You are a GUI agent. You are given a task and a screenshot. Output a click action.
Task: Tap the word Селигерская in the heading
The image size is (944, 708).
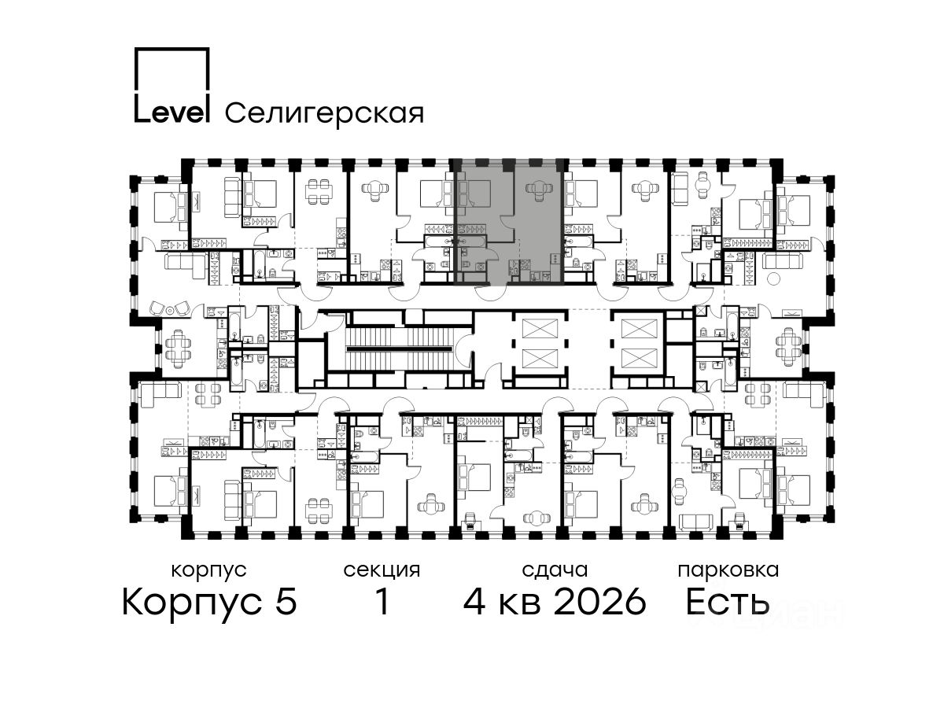pos(325,113)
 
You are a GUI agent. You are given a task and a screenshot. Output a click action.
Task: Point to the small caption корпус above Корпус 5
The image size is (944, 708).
pos(209,571)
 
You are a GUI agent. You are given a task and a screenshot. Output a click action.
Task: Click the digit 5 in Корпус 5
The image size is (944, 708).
pos(286,602)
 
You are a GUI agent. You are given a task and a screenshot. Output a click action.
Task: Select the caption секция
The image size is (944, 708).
pos(382,571)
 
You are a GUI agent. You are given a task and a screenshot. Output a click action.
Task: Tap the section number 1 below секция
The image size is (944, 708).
pos(382,602)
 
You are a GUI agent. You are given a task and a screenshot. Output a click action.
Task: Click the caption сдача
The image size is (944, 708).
pos(555,570)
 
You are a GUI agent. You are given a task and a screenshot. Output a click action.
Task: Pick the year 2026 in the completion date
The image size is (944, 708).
pos(599,602)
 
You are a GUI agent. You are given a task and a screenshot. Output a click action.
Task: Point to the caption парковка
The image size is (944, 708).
pos(728,571)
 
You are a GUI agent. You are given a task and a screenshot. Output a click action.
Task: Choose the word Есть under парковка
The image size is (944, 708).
pos(727,602)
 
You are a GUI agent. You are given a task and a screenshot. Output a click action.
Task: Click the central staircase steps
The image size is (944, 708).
pos(400,349)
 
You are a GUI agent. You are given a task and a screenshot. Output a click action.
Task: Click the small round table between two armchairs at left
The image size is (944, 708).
pos(170,309)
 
